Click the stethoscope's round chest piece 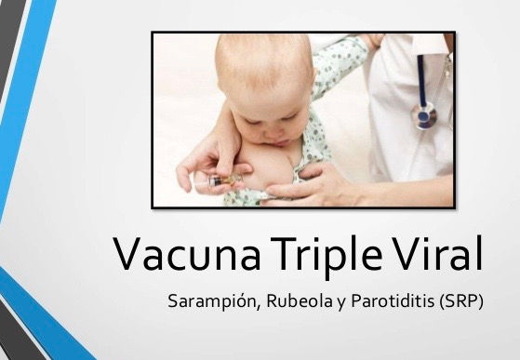(424, 116)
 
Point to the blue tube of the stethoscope (423, 79)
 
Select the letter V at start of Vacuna (129, 255)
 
